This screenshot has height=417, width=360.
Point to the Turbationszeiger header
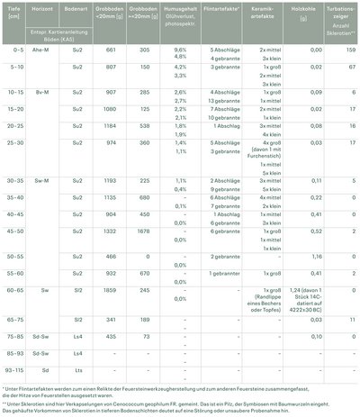(335, 10)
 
